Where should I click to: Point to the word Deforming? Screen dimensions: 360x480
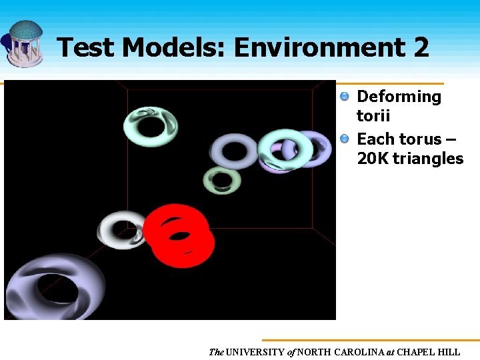399,97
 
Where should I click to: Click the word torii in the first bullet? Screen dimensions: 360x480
373,116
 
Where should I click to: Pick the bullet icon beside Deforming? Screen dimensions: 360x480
345,97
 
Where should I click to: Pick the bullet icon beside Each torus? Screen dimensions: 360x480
345,139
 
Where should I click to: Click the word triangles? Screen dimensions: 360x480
428,159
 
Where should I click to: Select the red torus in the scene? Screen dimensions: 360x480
179,235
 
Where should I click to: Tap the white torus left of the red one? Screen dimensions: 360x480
123,230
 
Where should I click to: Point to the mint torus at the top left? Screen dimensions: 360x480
151,125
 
